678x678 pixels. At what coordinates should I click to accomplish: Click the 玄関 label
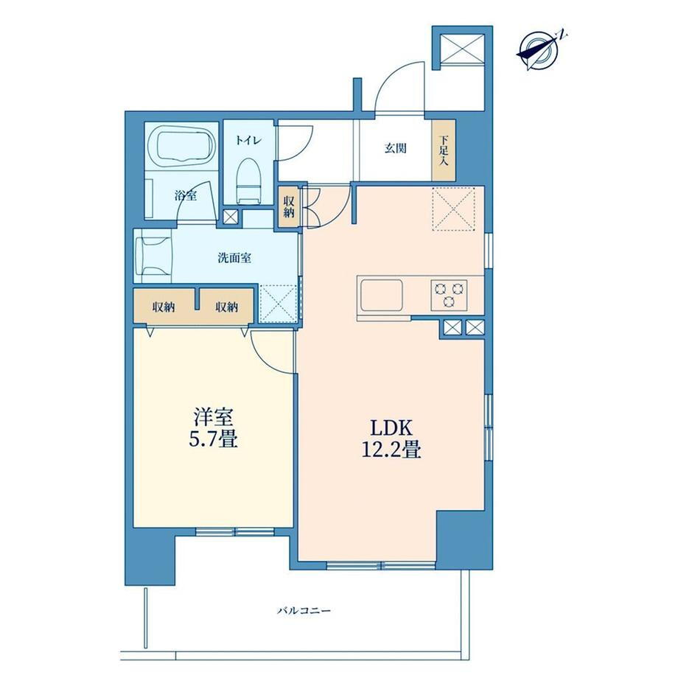[x=396, y=148]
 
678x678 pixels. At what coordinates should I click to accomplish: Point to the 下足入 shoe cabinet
[x=444, y=150]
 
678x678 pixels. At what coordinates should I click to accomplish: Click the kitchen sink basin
[x=382, y=295]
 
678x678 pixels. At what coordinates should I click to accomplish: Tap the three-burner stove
[x=449, y=295]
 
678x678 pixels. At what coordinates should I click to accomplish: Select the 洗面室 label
[x=234, y=258]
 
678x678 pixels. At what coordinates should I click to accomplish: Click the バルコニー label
[x=304, y=611]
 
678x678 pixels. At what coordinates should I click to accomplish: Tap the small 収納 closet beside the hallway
[x=288, y=207]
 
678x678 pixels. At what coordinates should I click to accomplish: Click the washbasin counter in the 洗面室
[x=153, y=256]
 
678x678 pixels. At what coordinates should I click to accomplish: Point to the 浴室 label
[x=186, y=195]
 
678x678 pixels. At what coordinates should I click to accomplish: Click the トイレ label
[x=248, y=140]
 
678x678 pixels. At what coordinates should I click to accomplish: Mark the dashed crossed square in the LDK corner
[x=453, y=209]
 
